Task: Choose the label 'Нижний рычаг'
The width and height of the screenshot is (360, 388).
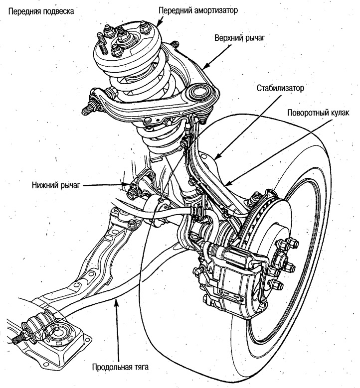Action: coord(54,185)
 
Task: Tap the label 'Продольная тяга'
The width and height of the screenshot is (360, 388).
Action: coord(120,368)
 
